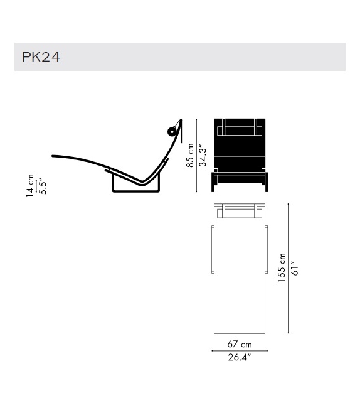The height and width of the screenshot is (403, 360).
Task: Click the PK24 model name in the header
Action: pyautogui.click(x=41, y=57)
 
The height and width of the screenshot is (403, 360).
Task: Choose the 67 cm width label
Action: pyautogui.click(x=239, y=344)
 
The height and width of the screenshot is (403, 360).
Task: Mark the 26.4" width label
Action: pyautogui.click(x=239, y=358)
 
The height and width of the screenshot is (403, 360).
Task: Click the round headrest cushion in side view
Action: pyautogui.click(x=171, y=131)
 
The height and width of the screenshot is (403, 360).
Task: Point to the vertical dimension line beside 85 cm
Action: pyautogui.click(x=196, y=156)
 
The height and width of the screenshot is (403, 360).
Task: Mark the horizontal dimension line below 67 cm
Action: pyautogui.click(x=239, y=351)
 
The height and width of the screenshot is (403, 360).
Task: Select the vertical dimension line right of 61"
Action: pyautogui.click(x=289, y=269)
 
